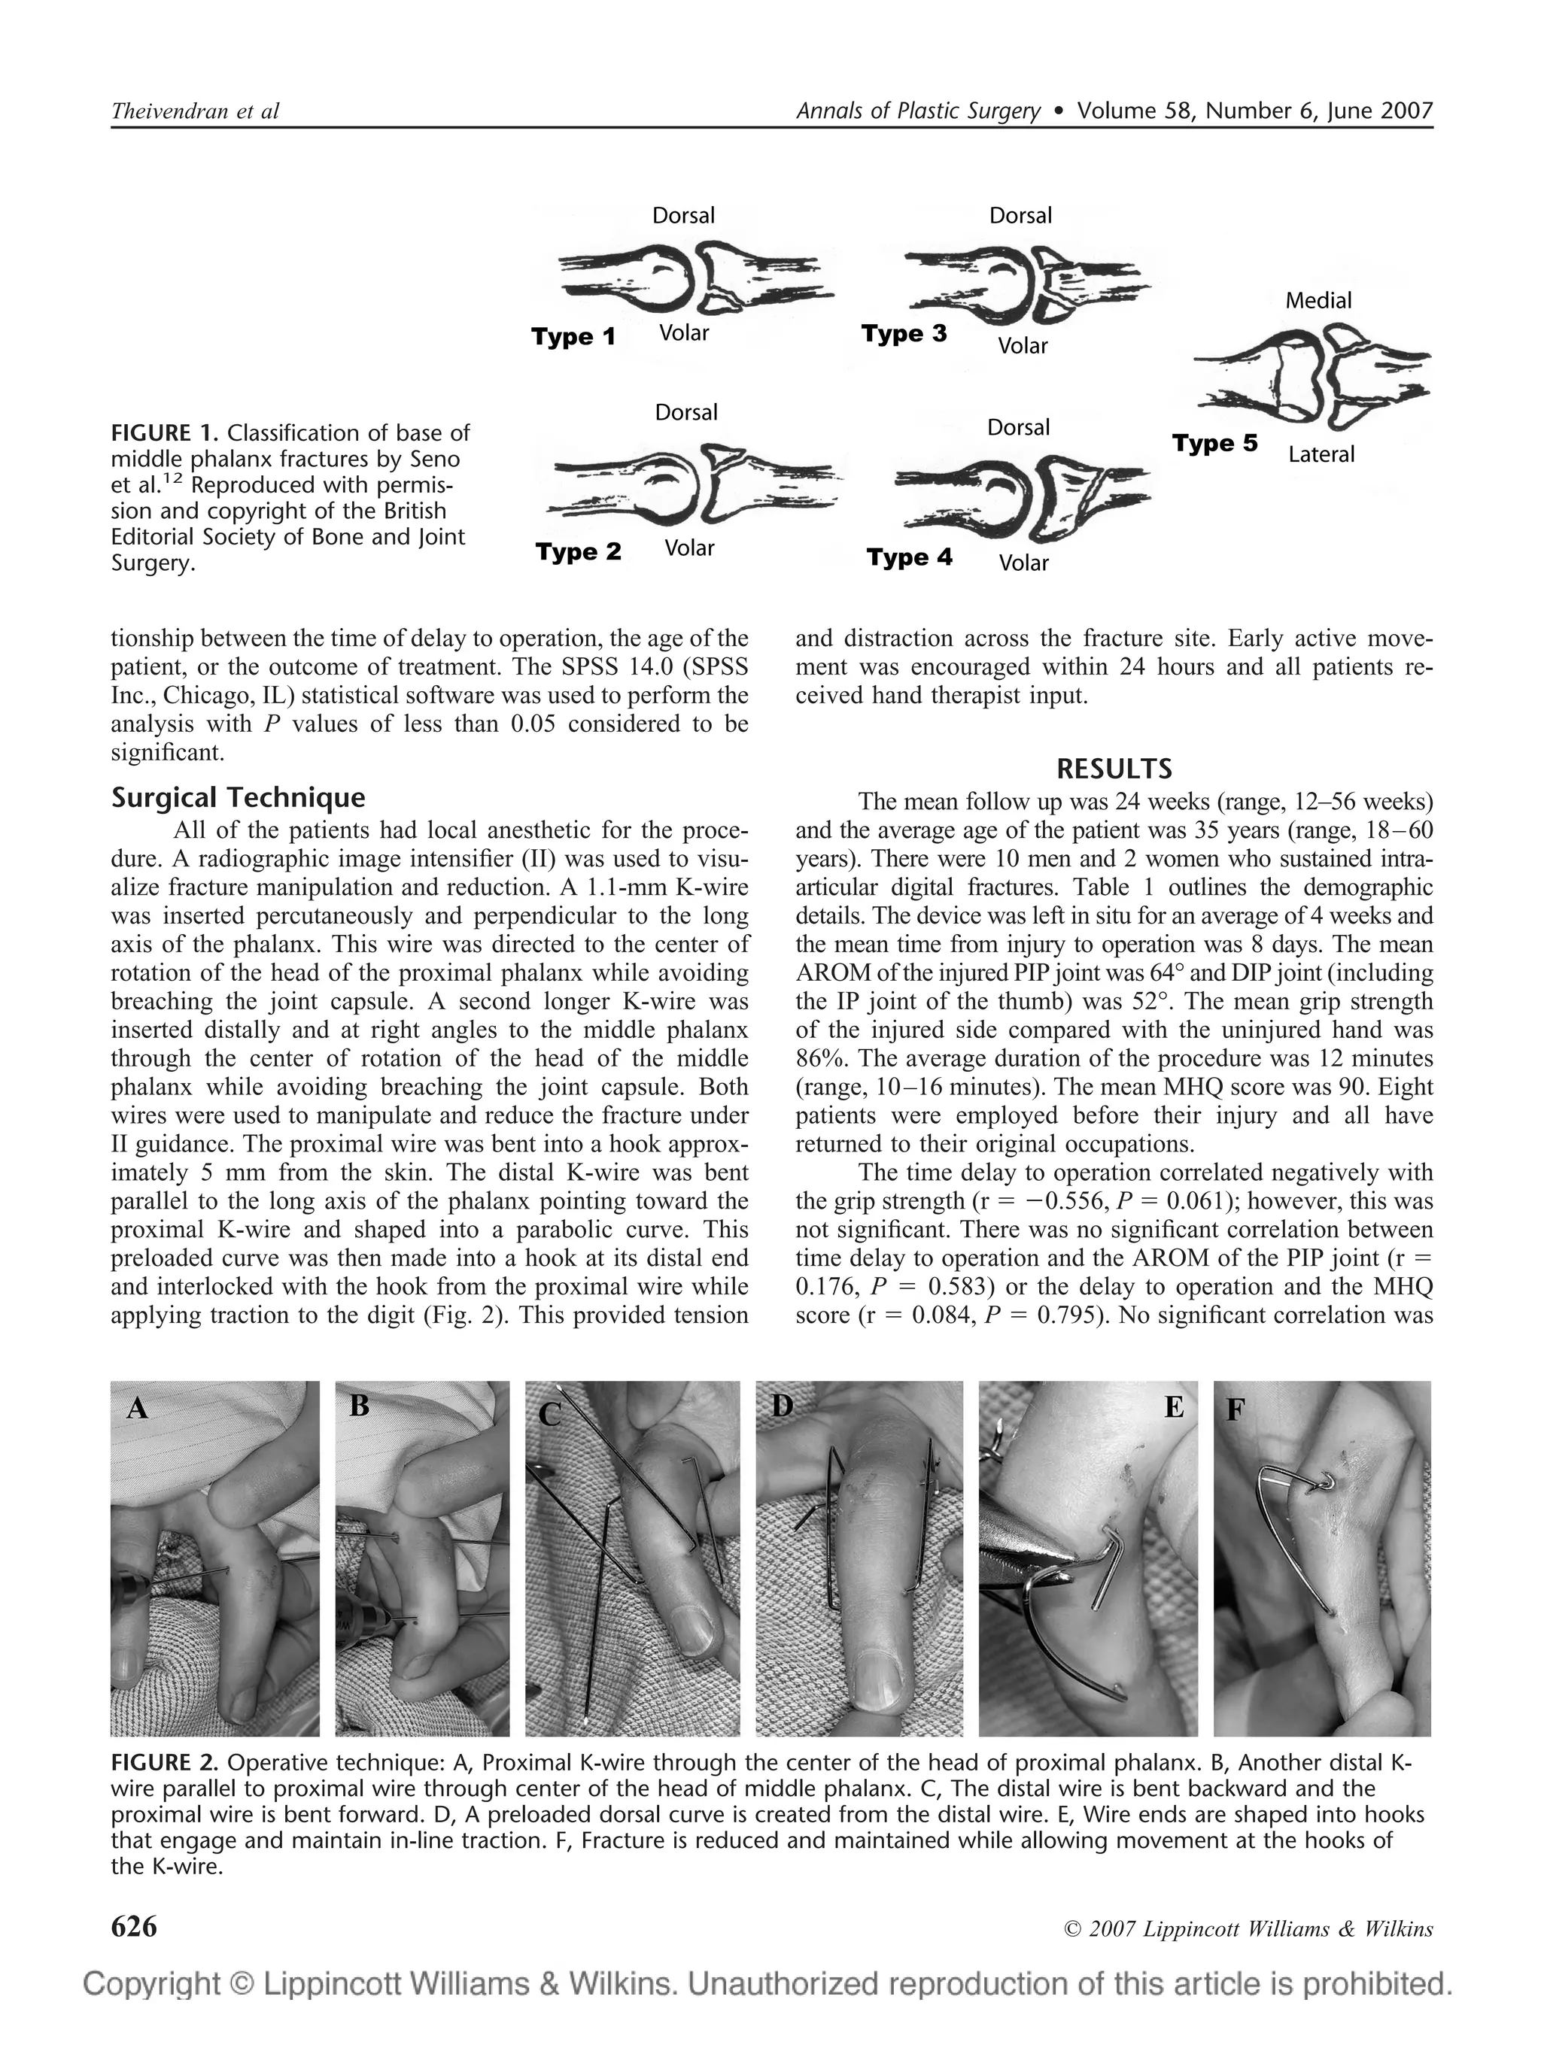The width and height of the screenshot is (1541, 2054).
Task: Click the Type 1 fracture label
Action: click(x=573, y=336)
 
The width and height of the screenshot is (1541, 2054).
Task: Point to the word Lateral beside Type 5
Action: click(x=1321, y=454)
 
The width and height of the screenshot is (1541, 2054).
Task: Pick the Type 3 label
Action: click(x=904, y=333)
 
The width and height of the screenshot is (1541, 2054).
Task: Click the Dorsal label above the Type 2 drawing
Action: click(x=685, y=411)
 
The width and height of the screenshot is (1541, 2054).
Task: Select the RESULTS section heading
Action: click(x=1114, y=769)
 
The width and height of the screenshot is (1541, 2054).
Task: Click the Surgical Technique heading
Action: click(x=238, y=798)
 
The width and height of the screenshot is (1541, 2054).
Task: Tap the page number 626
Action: click(x=134, y=1927)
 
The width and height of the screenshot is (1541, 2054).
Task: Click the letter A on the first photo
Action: click(x=138, y=1409)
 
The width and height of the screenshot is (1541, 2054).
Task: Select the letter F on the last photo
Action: click(x=1236, y=1409)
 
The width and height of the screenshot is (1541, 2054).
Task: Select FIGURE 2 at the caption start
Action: click(x=165, y=1762)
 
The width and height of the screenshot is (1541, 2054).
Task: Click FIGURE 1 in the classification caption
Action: click(x=165, y=432)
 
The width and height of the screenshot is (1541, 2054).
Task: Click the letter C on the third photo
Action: click(x=550, y=1414)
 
